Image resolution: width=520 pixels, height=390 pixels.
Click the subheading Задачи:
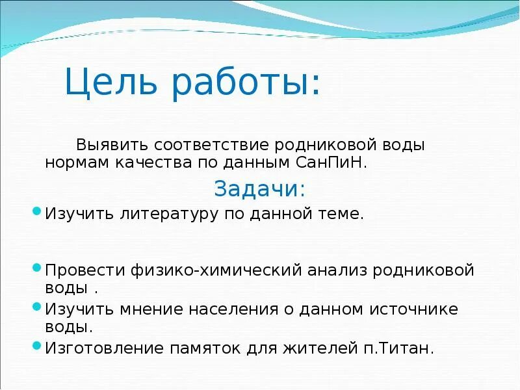point(259,189)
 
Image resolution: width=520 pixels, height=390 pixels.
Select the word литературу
point(166,214)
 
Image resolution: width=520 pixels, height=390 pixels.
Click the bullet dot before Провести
point(36,267)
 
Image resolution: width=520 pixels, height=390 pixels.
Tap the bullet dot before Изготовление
point(36,346)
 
